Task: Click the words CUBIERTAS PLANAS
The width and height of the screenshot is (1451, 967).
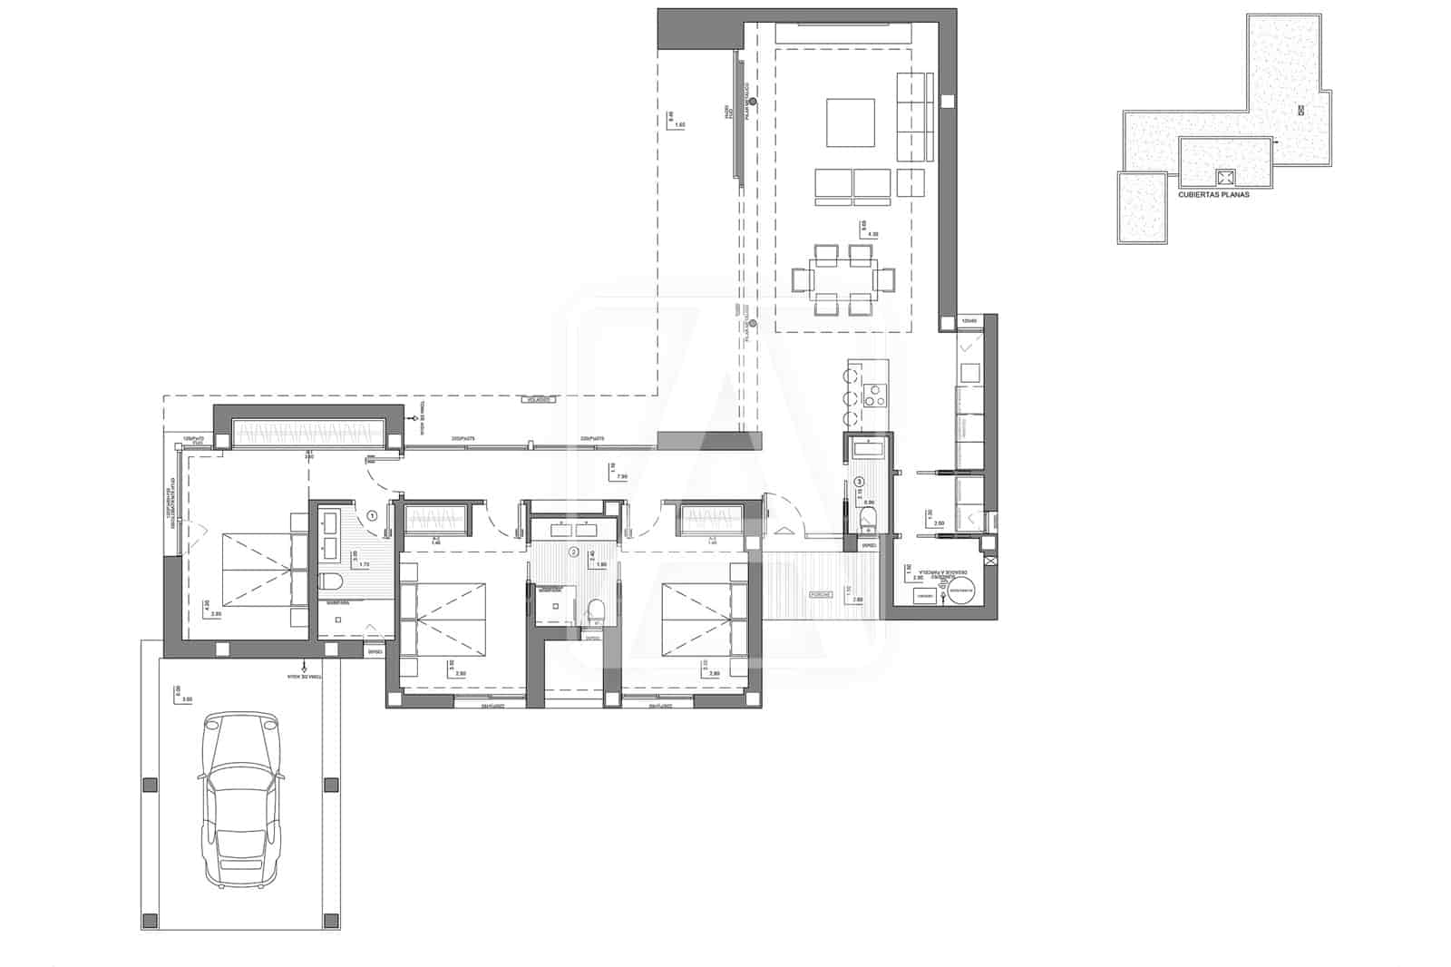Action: [1213, 194]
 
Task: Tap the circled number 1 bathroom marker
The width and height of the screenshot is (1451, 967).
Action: [372, 516]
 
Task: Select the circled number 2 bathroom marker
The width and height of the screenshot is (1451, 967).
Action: [573, 551]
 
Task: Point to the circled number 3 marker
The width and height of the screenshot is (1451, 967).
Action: [860, 482]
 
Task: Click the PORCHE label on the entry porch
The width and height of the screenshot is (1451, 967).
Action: [821, 594]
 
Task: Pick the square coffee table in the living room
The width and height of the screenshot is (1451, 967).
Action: [851, 122]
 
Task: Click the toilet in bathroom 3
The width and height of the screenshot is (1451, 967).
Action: [867, 519]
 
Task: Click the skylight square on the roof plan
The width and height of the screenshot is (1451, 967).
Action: [1226, 177]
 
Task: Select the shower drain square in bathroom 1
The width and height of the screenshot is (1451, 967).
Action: [337, 620]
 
